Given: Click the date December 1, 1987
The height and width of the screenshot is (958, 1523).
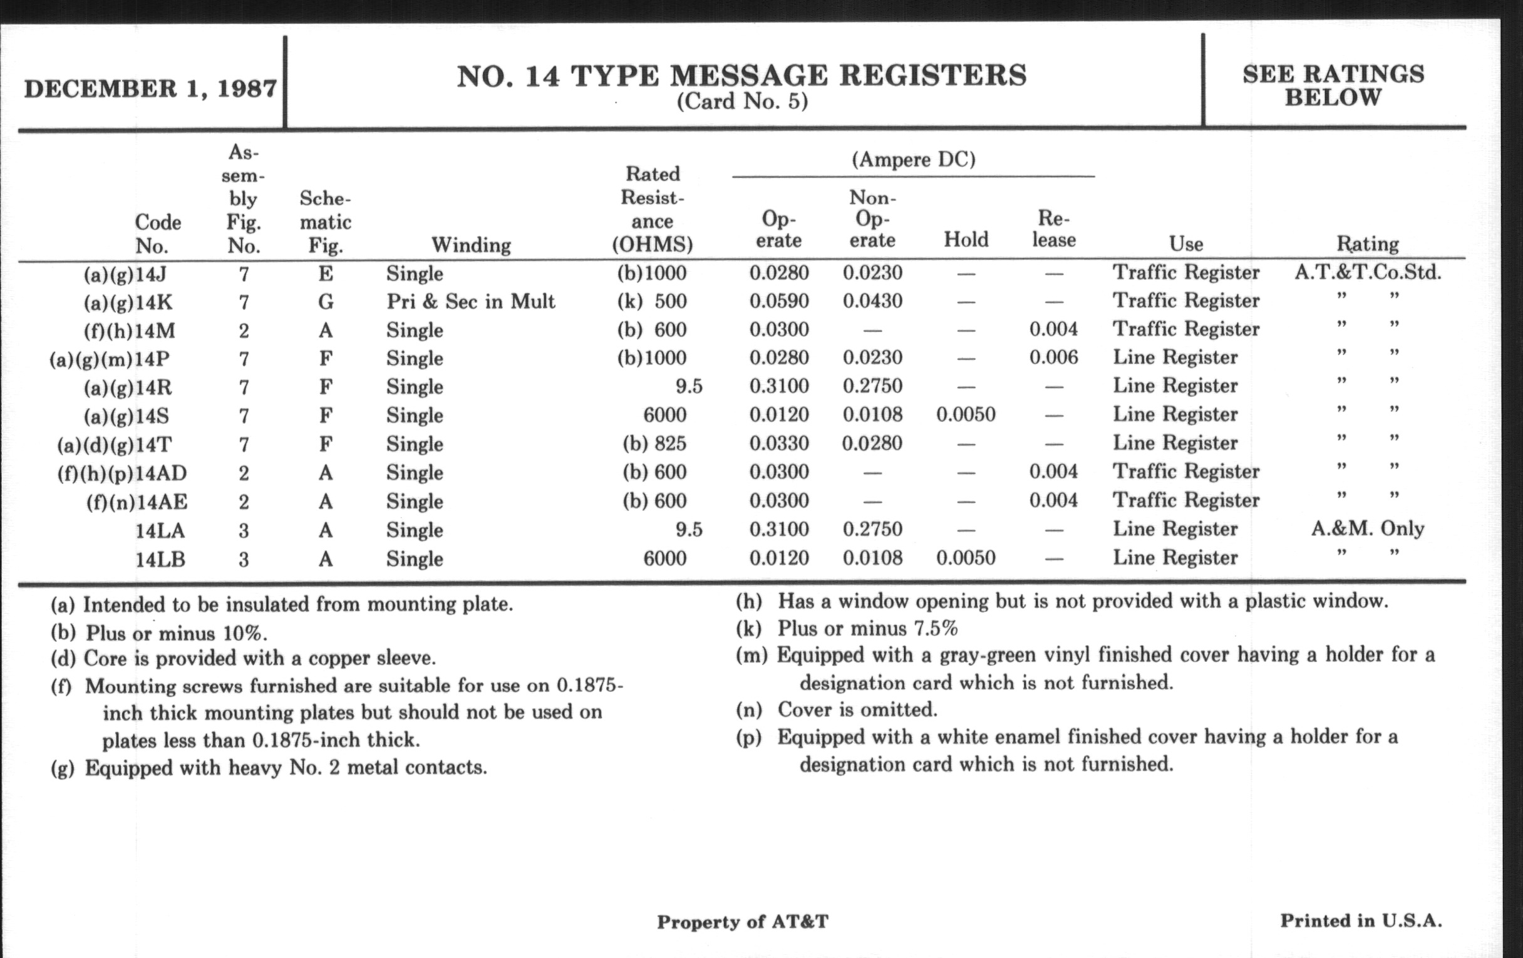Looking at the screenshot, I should (150, 88).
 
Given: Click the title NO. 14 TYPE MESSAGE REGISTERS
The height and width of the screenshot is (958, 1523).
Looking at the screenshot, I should (741, 76).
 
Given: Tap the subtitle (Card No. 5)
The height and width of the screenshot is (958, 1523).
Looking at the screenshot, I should (742, 102).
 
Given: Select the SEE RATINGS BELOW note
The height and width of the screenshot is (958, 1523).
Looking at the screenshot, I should (1333, 85).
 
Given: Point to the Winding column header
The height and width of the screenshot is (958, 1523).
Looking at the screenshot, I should (470, 244).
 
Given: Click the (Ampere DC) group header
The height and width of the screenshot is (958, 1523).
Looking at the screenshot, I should (913, 159).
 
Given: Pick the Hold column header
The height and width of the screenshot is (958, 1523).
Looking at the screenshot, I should (966, 239).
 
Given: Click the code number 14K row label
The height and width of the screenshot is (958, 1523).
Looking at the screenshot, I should (129, 302).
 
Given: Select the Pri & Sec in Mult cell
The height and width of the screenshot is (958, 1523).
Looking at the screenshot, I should (470, 301).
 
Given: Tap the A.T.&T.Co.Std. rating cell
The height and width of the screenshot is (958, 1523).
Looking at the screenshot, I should (1368, 272).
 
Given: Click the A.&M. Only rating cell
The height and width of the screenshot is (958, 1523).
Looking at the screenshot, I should (1368, 528).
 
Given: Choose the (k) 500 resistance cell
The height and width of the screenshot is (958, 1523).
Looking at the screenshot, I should (652, 301).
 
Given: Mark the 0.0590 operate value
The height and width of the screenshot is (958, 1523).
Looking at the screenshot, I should (778, 301).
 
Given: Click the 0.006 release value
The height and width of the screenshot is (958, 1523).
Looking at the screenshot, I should (1053, 358).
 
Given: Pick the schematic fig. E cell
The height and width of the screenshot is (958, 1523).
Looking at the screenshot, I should (325, 273).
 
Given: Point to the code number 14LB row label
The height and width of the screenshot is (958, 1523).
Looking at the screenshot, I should (160, 559).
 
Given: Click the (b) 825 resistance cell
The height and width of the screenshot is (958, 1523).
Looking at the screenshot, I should (654, 443).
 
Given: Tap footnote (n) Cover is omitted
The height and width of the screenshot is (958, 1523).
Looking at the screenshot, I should (836, 709).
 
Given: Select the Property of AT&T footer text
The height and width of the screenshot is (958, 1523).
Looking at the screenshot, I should (743, 922).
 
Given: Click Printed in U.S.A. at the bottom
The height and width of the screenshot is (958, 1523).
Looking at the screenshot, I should (1361, 920).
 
